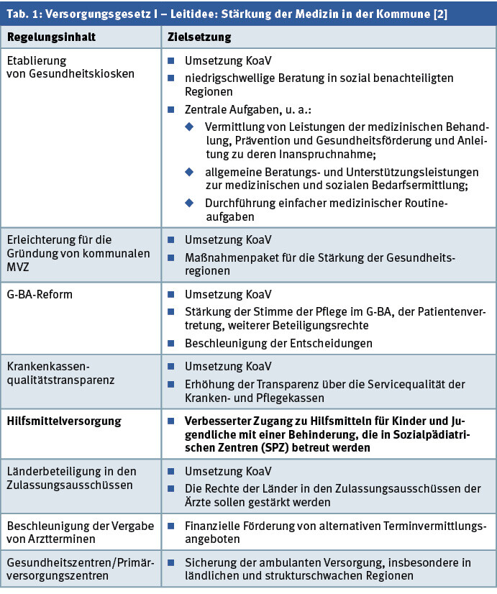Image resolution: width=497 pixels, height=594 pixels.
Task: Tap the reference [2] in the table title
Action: point(438,14)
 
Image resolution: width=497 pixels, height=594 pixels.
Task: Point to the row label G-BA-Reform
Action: point(41,295)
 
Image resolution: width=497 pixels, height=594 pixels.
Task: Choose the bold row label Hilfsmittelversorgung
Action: point(65,421)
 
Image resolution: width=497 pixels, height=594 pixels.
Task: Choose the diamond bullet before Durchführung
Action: point(191,204)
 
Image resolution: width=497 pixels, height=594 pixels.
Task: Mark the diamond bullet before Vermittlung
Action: point(191,127)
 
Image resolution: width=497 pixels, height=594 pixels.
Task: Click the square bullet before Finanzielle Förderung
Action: point(172,526)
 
